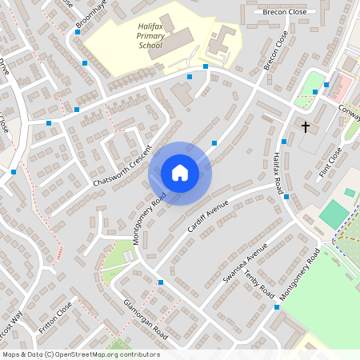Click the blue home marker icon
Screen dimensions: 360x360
point(180,173)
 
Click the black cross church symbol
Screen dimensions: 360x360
point(305,126)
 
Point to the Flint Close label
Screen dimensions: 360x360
point(330,161)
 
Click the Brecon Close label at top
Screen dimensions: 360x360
point(280,12)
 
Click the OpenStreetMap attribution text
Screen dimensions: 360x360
point(81,354)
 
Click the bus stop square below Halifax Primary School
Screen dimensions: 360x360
point(190,77)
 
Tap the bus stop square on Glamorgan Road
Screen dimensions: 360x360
point(161,282)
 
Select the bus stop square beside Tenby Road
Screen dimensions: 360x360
point(277,306)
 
